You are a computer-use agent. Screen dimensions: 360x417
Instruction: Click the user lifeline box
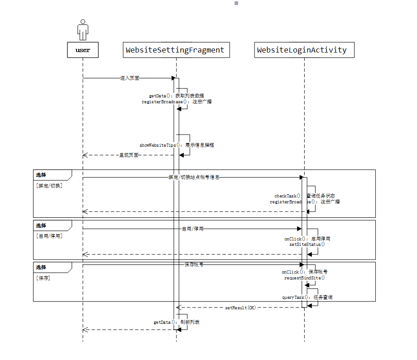pyautogui.click(x=83, y=50)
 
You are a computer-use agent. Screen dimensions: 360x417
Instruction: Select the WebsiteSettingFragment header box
pyautogui.click(x=175, y=50)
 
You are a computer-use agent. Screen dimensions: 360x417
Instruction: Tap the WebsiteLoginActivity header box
pyautogui.click(x=302, y=50)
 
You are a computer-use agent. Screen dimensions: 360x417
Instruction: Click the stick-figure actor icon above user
pyautogui.click(x=82, y=29)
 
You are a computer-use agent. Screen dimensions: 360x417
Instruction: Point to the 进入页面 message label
pyautogui.click(x=129, y=78)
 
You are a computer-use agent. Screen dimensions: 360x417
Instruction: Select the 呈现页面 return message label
pyautogui.click(x=129, y=155)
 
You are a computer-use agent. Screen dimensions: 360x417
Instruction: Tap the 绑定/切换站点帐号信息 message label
pyautogui.click(x=194, y=177)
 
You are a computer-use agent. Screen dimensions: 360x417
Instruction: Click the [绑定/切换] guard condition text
pyautogui.click(x=49, y=186)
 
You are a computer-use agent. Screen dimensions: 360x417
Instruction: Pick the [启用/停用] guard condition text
pyautogui.click(x=49, y=236)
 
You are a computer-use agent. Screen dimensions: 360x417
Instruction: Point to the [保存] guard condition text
pyautogui.click(x=43, y=278)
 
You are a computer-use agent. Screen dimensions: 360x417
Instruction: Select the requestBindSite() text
pyautogui.click(x=305, y=278)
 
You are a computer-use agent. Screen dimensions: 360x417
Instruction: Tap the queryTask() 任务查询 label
pyautogui.click(x=307, y=298)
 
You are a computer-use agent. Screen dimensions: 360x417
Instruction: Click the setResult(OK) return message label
pyautogui.click(x=240, y=307)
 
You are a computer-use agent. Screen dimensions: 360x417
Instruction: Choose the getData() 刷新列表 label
pyautogui.click(x=177, y=322)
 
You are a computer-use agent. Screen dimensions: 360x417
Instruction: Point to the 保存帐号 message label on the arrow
pyautogui.click(x=194, y=264)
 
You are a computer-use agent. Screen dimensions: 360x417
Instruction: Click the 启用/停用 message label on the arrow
pyautogui.click(x=192, y=229)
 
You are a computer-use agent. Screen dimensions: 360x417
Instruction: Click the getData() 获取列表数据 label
pyautogui.click(x=177, y=96)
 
